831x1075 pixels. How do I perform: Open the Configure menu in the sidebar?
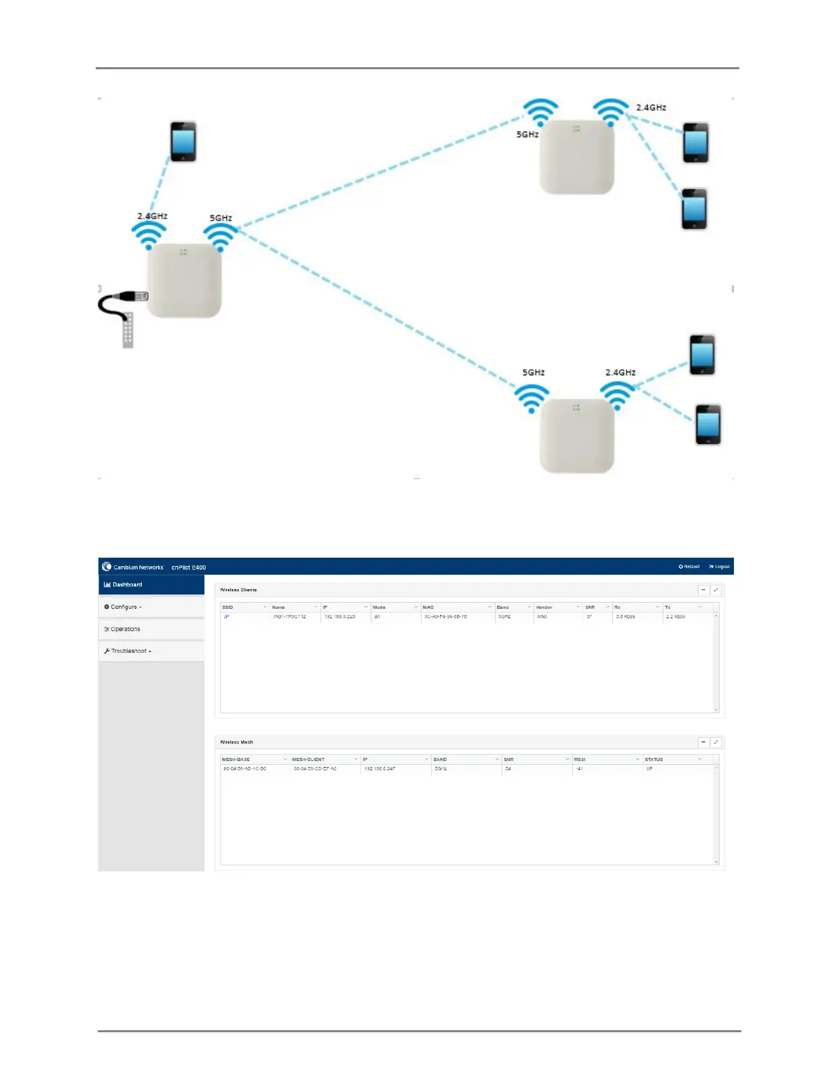[x=123, y=607]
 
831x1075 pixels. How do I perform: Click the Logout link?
[x=719, y=567]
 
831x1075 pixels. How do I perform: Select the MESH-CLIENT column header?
[x=309, y=759]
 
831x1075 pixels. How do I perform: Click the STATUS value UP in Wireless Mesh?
[x=650, y=769]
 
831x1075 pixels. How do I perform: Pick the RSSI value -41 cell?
[x=580, y=769]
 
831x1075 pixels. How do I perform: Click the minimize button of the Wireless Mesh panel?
[x=703, y=742]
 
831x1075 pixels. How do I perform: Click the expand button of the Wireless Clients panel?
[x=716, y=590]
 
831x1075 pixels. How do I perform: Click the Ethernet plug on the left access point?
[x=129, y=297]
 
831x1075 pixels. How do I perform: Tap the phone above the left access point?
[x=183, y=142]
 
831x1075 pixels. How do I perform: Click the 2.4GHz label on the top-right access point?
[x=651, y=107]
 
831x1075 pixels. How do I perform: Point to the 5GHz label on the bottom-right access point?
[x=534, y=373]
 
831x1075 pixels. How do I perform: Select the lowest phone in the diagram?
[x=708, y=425]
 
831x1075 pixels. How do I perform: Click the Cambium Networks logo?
[x=107, y=567]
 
